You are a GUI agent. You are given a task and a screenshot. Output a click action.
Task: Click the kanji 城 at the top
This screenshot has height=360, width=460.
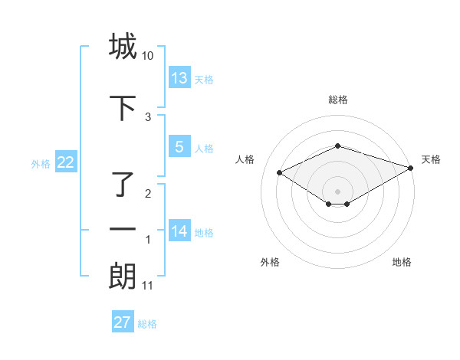pos(123,47)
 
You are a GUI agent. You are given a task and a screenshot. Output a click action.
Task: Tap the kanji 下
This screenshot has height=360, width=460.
pos(123,108)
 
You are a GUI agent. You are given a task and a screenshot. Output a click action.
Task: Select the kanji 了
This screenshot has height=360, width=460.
pos(123,185)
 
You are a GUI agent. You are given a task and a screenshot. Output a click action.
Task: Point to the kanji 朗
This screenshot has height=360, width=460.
pos(123,277)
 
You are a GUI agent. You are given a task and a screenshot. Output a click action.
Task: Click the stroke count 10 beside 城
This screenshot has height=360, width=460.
pos(147,57)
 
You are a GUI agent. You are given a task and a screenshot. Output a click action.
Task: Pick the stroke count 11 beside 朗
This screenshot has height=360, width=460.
pos(147,286)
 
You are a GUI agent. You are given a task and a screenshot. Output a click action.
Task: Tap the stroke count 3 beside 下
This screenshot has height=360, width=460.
pos(148,117)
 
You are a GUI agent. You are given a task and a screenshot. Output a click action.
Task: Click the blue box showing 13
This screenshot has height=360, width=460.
pos(179,77)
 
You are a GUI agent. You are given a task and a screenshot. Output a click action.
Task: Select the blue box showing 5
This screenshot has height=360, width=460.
pos(179,147)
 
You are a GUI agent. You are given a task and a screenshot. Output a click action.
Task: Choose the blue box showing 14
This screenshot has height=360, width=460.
pos(179,231)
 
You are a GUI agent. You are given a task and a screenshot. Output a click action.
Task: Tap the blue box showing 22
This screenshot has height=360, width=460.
pos(65,162)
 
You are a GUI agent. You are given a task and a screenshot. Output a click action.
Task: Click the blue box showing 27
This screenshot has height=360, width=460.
pos(123,322)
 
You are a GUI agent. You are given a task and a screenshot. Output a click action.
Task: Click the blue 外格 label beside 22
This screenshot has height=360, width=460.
pos(41,163)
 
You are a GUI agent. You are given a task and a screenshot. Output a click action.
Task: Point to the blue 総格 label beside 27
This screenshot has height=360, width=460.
pos(147,324)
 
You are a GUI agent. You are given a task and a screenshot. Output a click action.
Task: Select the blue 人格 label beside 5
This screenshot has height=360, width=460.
pos(204,149)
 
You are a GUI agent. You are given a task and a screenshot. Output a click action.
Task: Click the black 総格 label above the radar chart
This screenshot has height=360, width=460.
pos(338,100)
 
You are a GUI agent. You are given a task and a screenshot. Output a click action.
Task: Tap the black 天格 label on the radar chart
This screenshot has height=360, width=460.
pos(431,159)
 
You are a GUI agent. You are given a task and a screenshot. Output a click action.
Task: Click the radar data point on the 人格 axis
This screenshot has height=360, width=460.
pos(280,172)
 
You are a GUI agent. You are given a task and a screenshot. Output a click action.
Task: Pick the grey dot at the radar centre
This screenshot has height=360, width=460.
pos(338,191)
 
